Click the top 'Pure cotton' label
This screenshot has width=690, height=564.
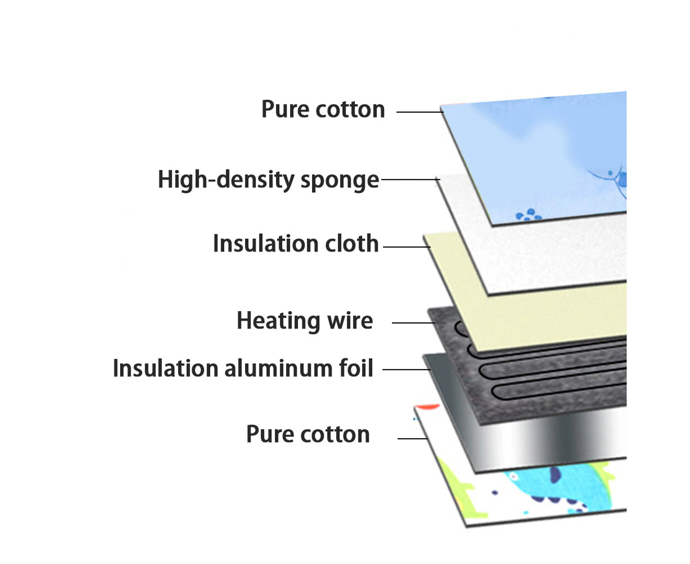[x=323, y=110]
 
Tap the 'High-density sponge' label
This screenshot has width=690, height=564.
[x=268, y=180]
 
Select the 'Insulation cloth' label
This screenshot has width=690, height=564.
[x=295, y=244]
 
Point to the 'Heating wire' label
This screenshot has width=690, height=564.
[x=305, y=321]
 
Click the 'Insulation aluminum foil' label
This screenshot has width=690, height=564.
[x=243, y=368]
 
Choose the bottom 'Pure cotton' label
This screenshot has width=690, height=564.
[x=308, y=434]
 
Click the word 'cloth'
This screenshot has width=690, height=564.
[x=352, y=244]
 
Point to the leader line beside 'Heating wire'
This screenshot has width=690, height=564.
[x=413, y=323]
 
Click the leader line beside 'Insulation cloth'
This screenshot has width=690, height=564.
[x=406, y=246]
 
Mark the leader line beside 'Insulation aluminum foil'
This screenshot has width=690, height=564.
[x=406, y=369]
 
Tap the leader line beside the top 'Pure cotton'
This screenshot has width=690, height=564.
[x=419, y=112]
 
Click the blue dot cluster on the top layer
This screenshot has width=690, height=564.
[x=528, y=215]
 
